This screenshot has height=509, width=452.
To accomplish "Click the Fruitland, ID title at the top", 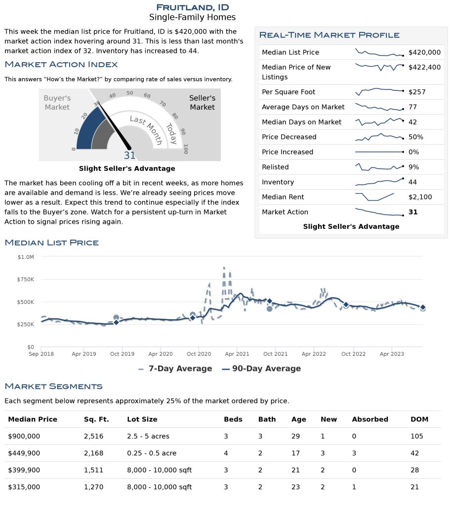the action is [193, 7].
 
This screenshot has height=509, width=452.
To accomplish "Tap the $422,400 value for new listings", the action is [424, 67].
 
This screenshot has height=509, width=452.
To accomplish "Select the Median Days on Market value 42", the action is [412, 122].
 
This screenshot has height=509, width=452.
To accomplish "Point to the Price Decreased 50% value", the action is [415, 137].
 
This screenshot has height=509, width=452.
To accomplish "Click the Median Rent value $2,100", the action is [420, 197].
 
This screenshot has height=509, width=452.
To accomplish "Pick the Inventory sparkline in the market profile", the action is [379, 182].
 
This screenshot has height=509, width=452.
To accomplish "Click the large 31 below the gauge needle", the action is [129, 156].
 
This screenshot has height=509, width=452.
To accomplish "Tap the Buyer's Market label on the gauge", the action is [57, 103].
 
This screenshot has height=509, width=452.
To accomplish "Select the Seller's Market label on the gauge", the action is [202, 103].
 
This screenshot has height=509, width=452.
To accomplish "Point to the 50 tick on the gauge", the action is [130, 93].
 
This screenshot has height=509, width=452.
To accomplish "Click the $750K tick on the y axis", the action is [26, 280].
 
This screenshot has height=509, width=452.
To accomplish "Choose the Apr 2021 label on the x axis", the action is [237, 354].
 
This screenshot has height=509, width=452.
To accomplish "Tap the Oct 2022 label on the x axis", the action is [353, 354].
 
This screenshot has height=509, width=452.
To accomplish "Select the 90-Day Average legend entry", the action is [261, 369].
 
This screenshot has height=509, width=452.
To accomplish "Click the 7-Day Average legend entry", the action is [175, 369].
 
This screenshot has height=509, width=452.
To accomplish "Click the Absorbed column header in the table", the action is [370, 420].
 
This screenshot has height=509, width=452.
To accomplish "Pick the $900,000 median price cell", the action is [24, 436].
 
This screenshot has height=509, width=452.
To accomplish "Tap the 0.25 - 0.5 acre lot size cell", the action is [152, 453].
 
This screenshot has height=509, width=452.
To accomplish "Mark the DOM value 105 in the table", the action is [417, 436].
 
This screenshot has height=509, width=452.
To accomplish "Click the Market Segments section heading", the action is [53, 386].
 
